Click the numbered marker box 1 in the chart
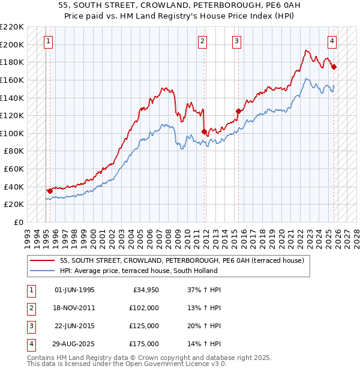tap(48, 41)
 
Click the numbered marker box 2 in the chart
tap(203, 41)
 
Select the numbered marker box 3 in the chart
tap(237, 41)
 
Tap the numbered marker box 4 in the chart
tap(332, 41)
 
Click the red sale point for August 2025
tap(334, 67)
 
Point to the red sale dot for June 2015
tap(238, 111)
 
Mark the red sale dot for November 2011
tap(205, 131)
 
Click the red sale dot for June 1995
tap(49, 191)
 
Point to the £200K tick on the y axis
tap(12, 44)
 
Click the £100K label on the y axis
tap(12, 133)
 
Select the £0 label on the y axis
tap(18, 222)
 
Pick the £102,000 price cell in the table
tap(145, 308)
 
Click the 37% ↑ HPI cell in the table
tap(200, 290)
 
